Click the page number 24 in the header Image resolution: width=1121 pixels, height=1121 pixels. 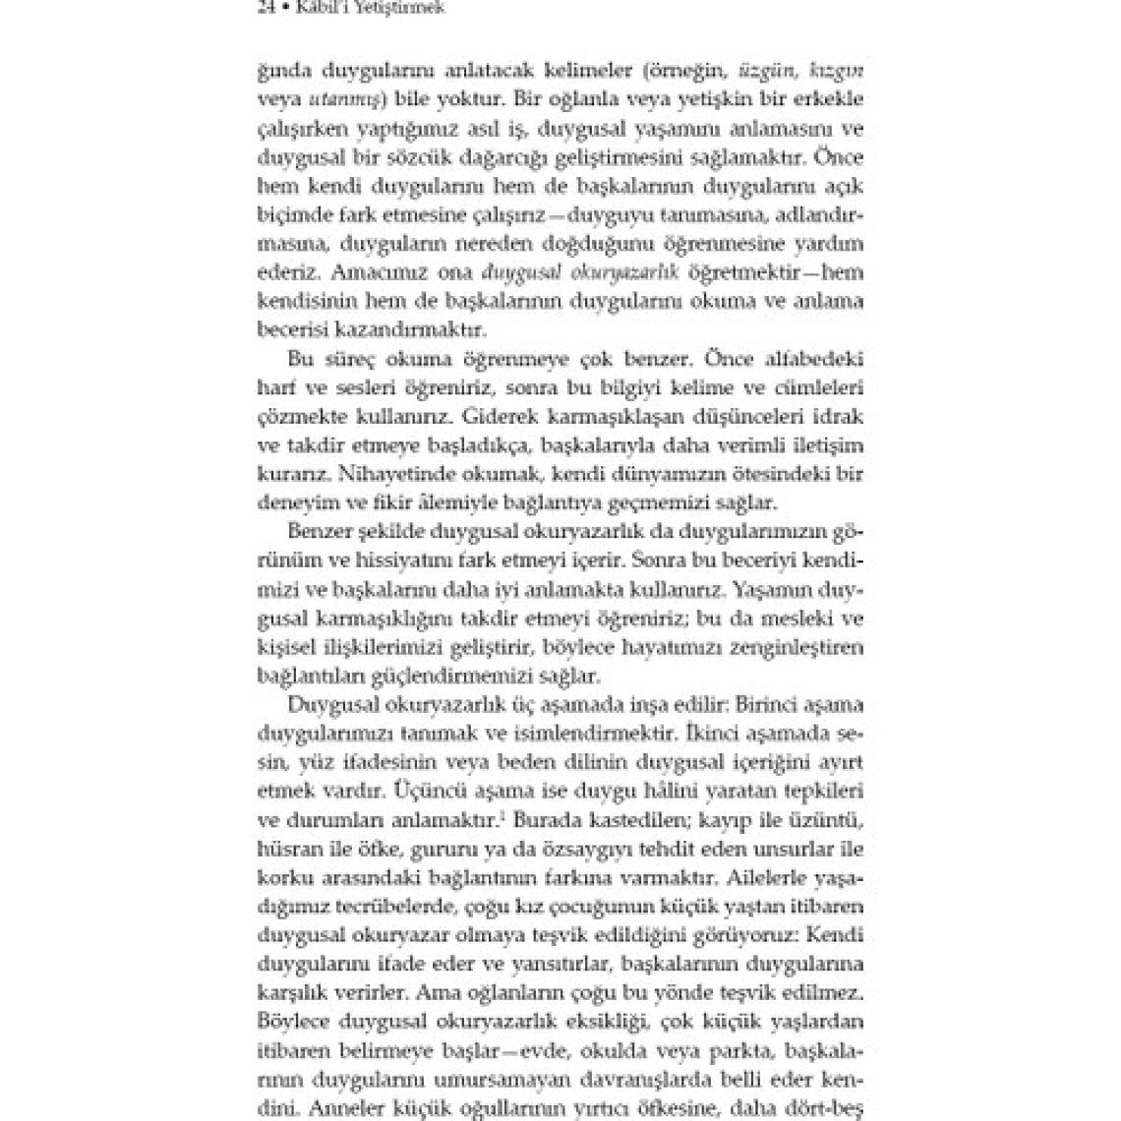(x=264, y=9)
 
